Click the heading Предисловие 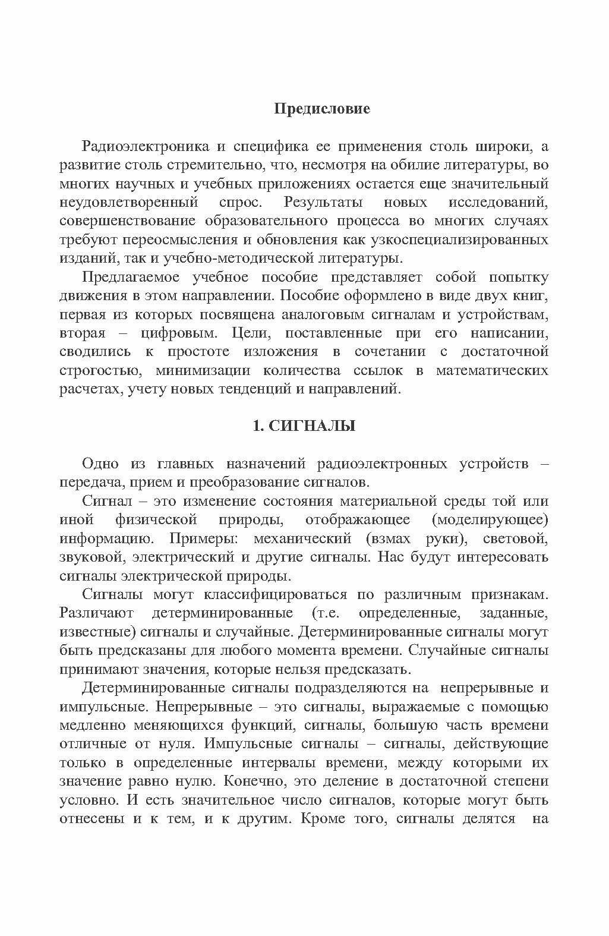[x=322, y=109]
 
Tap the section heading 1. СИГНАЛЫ [x=304, y=426]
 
